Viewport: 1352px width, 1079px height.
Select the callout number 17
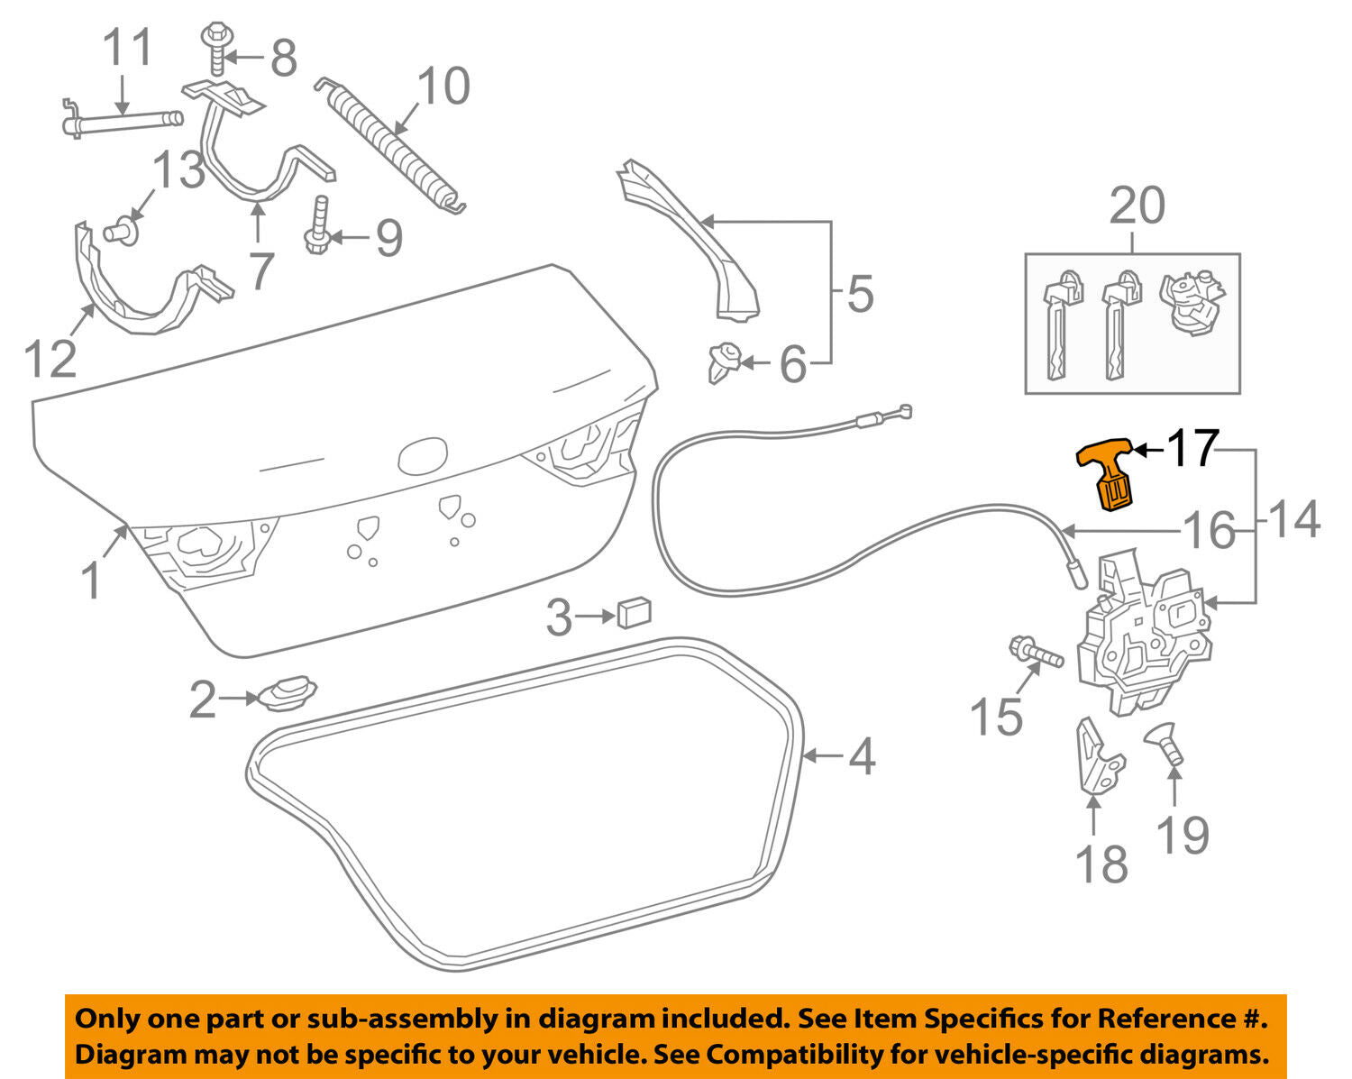(x=1192, y=448)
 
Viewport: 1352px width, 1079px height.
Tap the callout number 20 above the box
(x=1137, y=206)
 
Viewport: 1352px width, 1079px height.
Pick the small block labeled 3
(x=635, y=613)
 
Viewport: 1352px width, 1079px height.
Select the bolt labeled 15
(x=1035, y=654)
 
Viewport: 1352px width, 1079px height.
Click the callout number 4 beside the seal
(x=862, y=755)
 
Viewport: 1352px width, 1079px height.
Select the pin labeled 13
(x=120, y=231)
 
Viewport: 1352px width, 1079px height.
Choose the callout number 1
(x=91, y=581)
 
